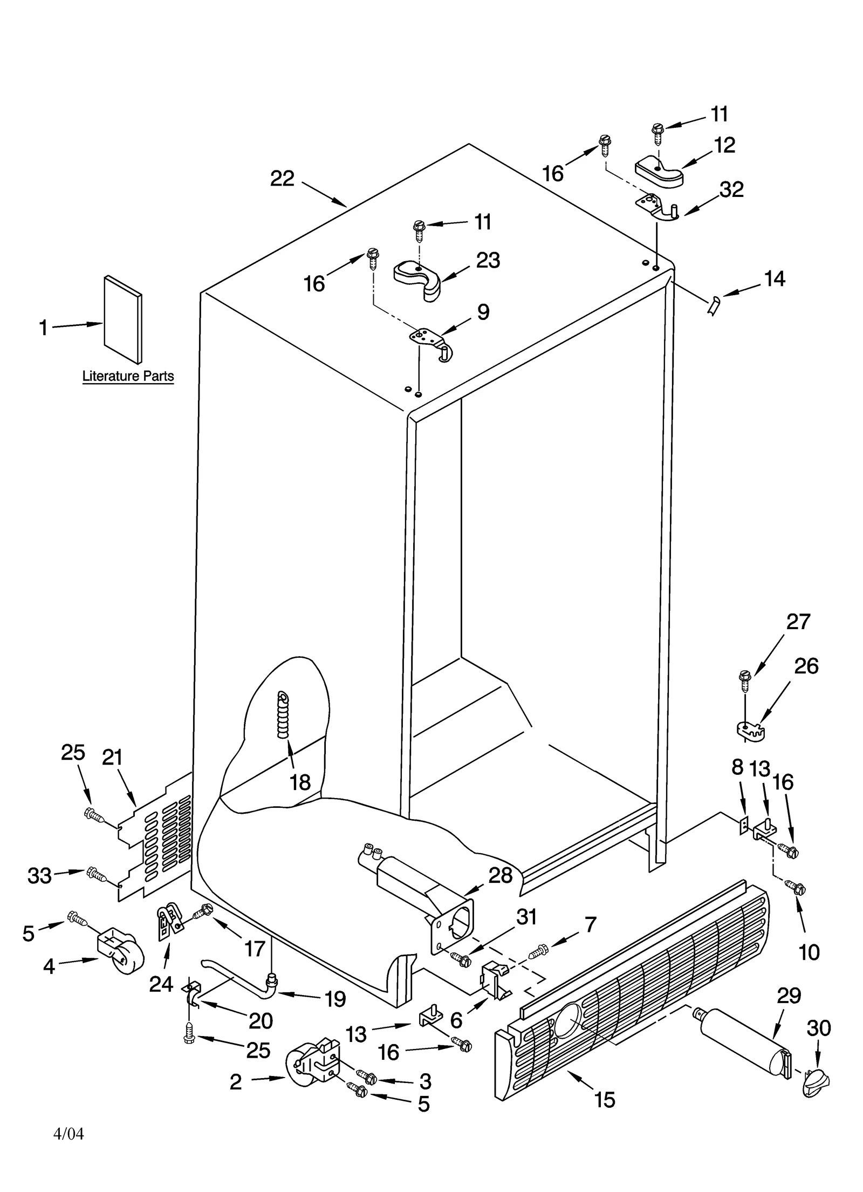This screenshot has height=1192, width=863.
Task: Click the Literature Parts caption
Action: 128,376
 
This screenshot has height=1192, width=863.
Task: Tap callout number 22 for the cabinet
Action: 282,179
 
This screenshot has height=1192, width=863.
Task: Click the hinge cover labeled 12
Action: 659,173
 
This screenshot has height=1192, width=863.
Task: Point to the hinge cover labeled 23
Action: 417,276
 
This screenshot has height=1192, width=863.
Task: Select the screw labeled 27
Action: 745,680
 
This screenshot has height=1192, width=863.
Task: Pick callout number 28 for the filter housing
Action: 499,875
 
